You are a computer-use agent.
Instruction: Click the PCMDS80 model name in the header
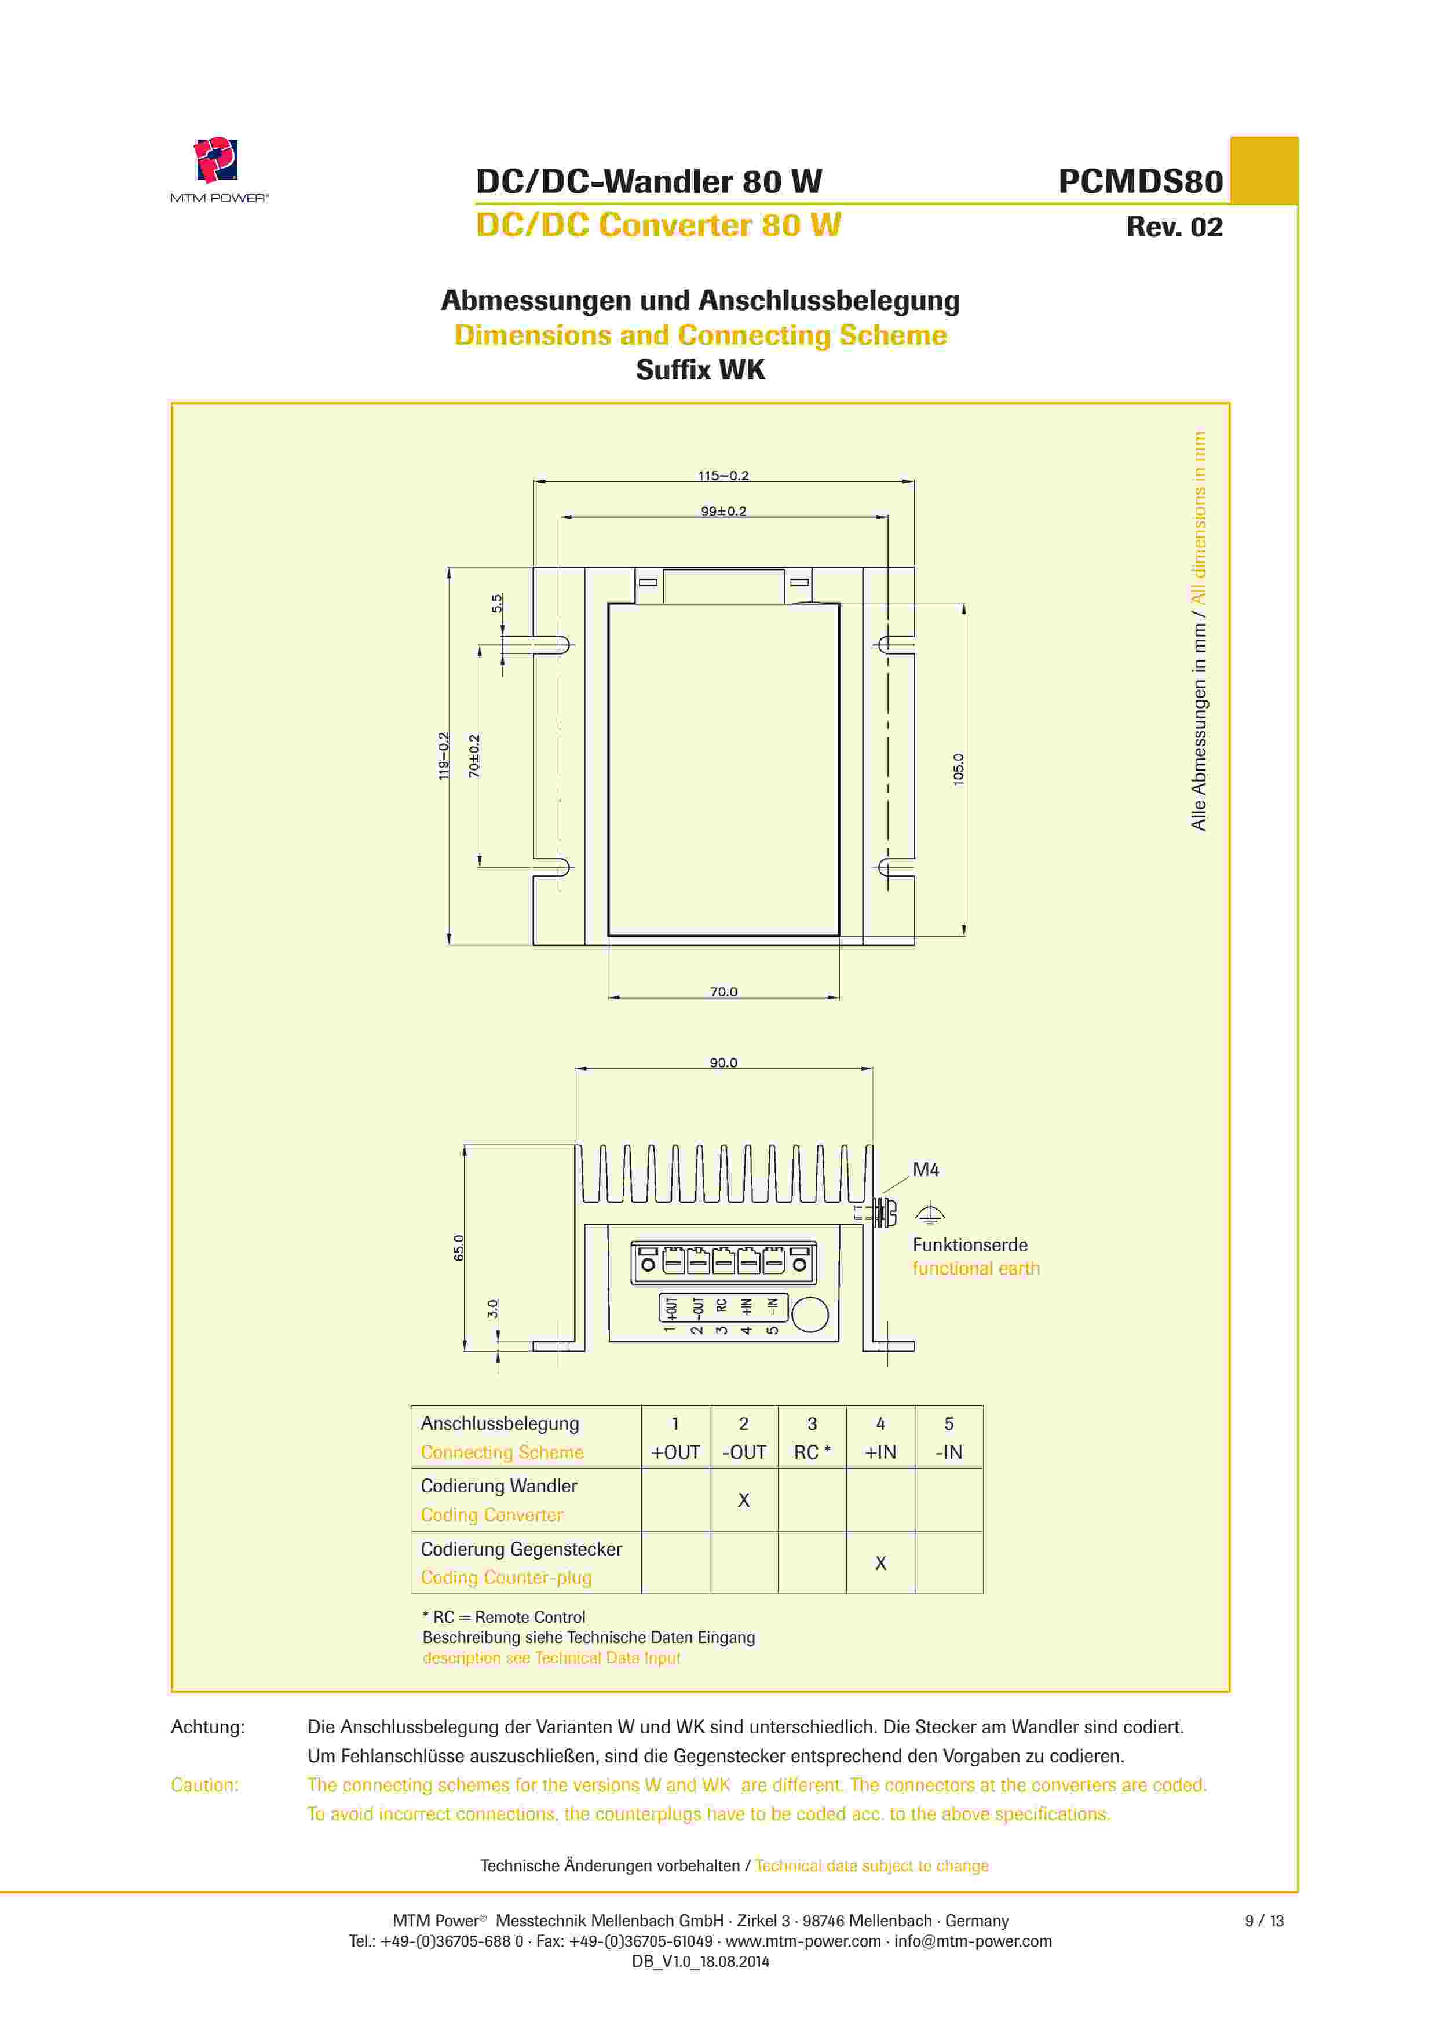[1140, 181]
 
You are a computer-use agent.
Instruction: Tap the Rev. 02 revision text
[1174, 227]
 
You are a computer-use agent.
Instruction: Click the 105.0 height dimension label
[959, 769]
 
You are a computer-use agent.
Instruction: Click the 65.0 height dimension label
[459, 1247]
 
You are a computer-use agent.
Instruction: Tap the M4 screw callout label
[925, 1170]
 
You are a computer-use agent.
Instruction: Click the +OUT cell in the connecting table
[675, 1452]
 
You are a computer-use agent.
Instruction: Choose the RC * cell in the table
[812, 1452]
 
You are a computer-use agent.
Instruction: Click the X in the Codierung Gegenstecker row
[880, 1563]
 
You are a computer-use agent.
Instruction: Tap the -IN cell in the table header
[949, 1452]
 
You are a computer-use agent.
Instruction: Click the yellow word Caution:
[204, 1785]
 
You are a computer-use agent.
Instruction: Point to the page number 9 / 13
[1263, 1921]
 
